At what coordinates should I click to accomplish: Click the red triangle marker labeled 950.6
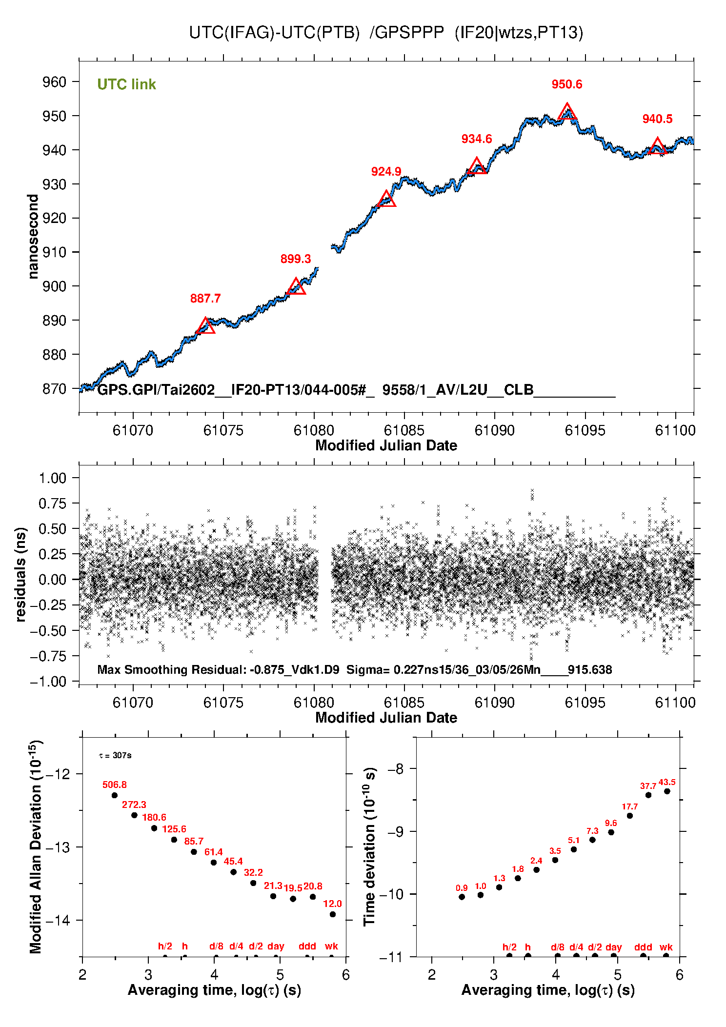(567, 113)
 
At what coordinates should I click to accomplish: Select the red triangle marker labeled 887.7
(205, 326)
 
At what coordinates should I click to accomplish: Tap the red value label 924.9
(386, 172)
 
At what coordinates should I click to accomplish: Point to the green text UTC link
(126, 84)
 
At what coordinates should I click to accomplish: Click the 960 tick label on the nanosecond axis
(54, 82)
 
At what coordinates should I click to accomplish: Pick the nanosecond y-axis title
(33, 237)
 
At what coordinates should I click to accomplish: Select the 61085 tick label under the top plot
(404, 430)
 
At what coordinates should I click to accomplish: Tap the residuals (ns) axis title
(20, 574)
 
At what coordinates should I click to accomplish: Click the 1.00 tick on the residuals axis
(52, 478)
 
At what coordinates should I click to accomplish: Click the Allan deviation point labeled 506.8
(115, 795)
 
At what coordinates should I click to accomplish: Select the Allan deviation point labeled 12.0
(333, 914)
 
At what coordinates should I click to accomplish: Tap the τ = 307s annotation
(115, 756)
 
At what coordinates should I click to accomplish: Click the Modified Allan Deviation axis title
(35, 846)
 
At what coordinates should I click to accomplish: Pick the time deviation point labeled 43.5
(667, 791)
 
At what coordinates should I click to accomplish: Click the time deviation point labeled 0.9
(462, 897)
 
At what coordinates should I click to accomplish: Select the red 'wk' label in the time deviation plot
(666, 947)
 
